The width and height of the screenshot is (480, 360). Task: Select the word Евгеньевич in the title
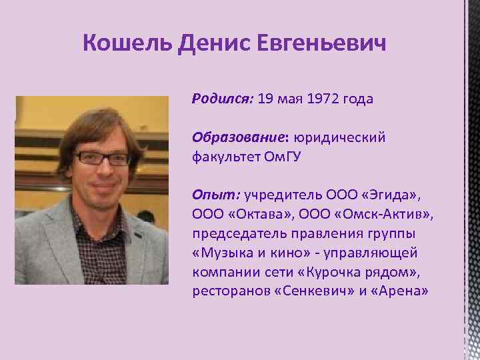[x=331, y=45]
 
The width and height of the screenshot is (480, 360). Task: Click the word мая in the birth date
[x=290, y=99]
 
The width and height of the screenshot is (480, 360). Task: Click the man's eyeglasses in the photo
[x=101, y=159]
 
